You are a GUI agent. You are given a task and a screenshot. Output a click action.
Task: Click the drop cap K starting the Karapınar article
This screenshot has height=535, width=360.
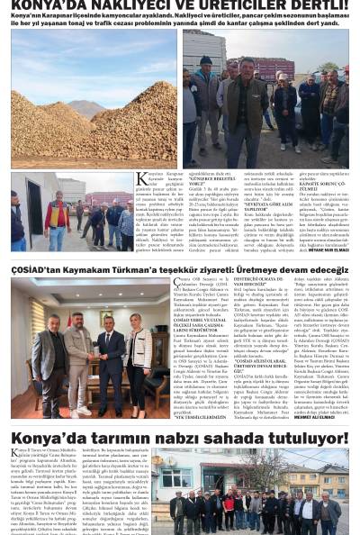click(141, 179)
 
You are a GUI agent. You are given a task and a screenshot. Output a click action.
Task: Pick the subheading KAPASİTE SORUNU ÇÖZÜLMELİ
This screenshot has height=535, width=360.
click(323, 186)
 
